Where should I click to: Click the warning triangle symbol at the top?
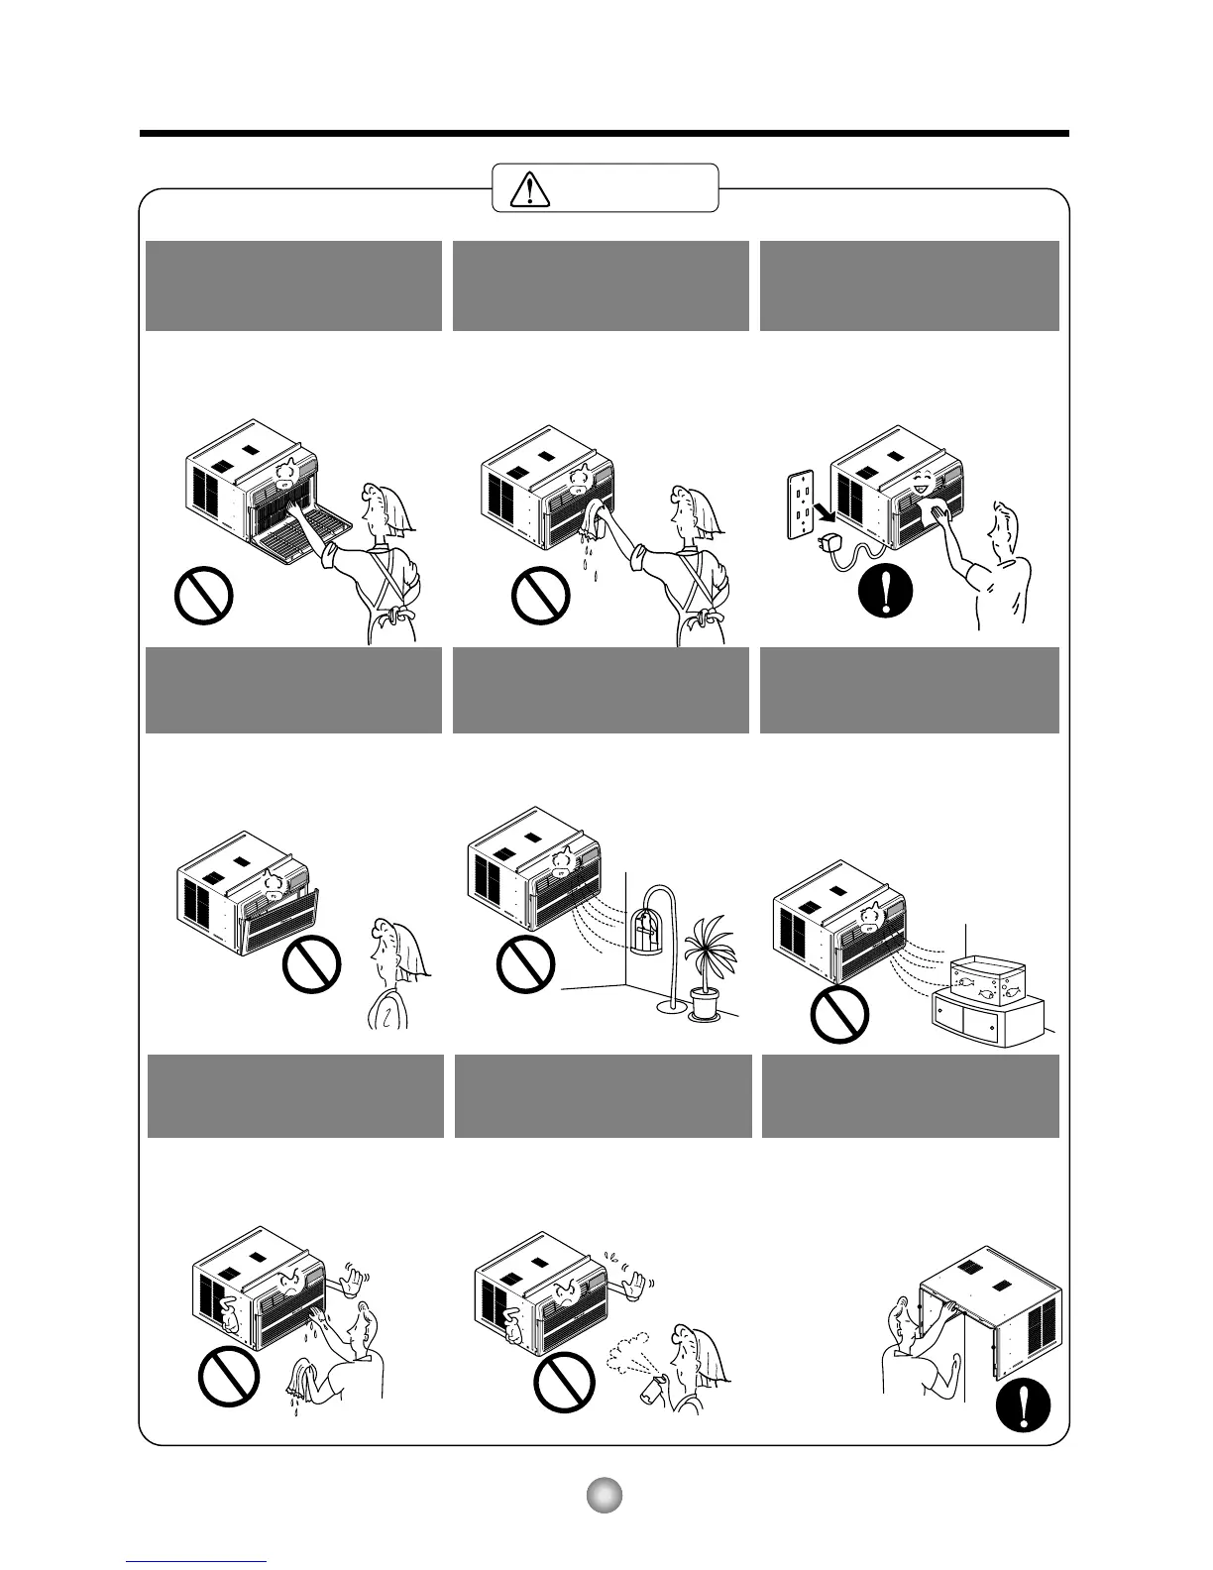click(x=530, y=188)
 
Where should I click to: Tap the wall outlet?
click(x=801, y=504)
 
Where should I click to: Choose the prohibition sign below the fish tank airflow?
click(x=839, y=1019)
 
